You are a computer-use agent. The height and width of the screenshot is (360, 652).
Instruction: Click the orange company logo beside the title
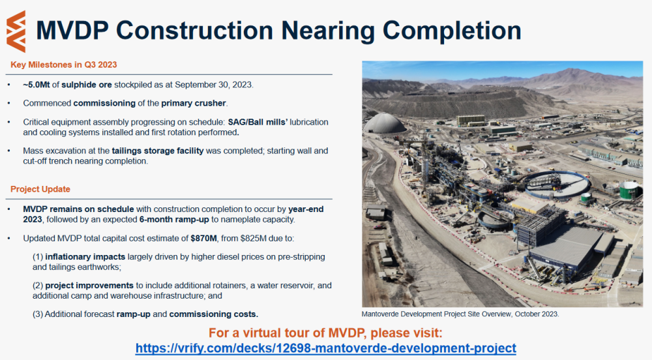click(x=16, y=31)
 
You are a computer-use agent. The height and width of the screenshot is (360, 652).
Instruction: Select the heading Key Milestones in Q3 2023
click(x=64, y=65)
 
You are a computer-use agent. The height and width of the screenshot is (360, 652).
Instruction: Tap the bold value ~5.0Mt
click(x=36, y=85)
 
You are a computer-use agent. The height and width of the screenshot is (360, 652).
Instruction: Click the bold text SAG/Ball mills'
click(x=258, y=122)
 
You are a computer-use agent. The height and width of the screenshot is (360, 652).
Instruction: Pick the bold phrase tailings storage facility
click(x=158, y=151)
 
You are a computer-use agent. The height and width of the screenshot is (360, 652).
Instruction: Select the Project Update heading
click(x=40, y=189)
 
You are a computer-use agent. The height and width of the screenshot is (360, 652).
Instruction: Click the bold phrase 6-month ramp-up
click(x=174, y=220)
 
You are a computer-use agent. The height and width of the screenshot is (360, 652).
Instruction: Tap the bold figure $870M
click(x=203, y=239)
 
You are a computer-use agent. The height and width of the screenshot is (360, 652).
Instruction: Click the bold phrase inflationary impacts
click(x=85, y=257)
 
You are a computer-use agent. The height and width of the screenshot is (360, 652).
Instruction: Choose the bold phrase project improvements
click(x=89, y=286)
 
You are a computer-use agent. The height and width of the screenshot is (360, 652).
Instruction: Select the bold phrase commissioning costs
click(x=214, y=314)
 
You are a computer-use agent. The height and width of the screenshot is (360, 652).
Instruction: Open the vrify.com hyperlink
click(x=325, y=348)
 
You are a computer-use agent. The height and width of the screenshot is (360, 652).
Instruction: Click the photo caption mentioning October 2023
click(x=460, y=314)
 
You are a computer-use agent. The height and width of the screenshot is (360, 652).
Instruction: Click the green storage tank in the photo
click(x=629, y=190)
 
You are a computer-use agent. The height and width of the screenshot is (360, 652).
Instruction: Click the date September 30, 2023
click(x=213, y=85)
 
